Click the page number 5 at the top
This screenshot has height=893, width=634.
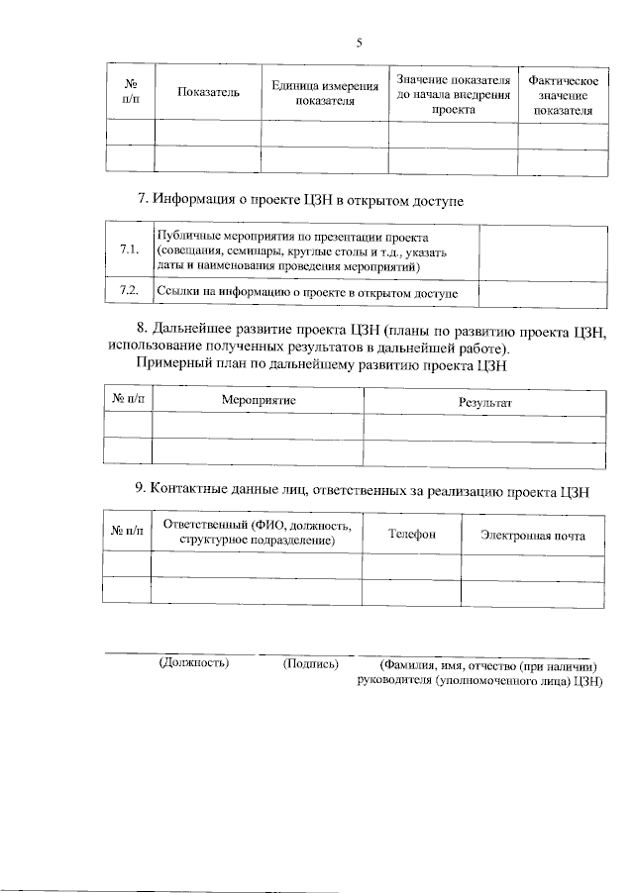coord(360,43)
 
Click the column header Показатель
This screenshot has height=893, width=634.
coord(208,92)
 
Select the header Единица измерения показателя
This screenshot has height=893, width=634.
coord(325,94)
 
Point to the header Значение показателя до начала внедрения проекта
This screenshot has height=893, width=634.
coord(453,94)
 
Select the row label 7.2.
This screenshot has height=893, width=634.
coord(128,291)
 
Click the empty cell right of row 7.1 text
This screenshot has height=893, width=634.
coord(543,251)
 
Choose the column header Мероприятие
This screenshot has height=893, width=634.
coord(258,400)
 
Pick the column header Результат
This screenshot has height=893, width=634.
coord(484,403)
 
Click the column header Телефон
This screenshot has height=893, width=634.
coord(411,535)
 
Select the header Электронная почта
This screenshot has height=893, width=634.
coord(533,536)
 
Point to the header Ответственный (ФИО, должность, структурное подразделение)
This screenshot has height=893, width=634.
coord(257,533)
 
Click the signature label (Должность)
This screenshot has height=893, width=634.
coord(194,663)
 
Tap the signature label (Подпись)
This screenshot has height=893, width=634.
coord(311,663)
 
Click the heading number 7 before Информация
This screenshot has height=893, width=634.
coord(142,201)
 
